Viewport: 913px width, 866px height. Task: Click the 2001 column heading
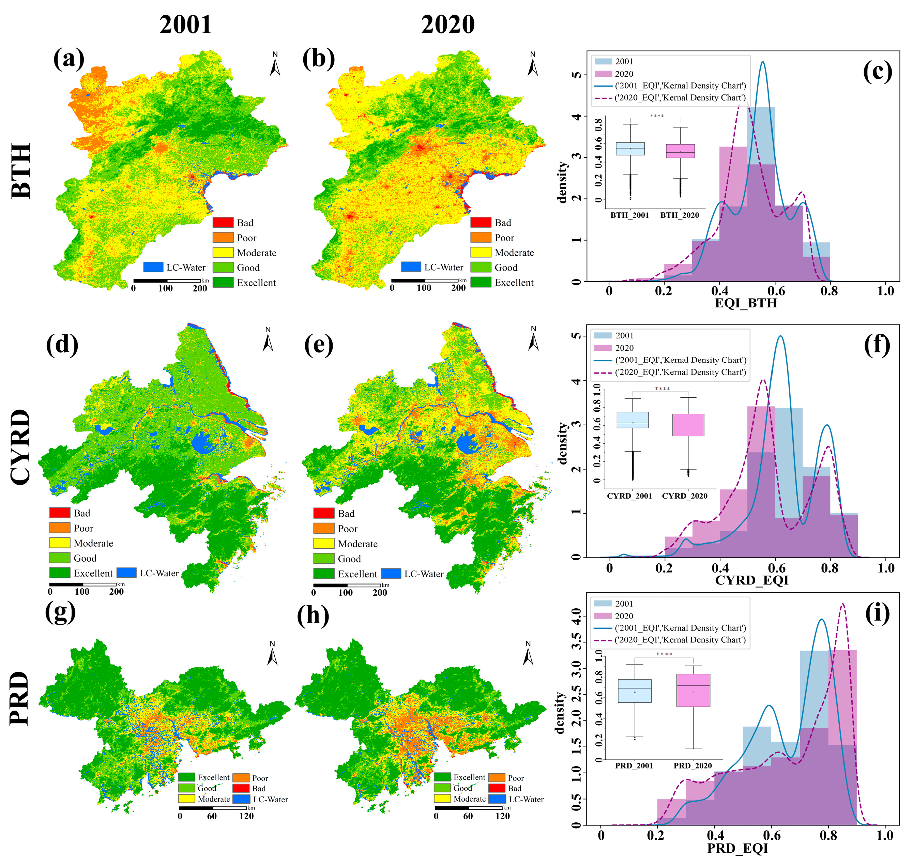pyautogui.click(x=185, y=25)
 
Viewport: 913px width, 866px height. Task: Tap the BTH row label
pyautogui.click(x=21, y=171)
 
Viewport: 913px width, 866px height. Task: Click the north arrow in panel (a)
pyautogui.click(x=275, y=65)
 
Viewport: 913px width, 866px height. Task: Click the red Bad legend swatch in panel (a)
pyautogui.click(x=223, y=223)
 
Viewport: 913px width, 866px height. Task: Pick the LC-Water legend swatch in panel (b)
pyautogui.click(x=411, y=267)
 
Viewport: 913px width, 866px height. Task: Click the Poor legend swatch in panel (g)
pyautogui.click(x=241, y=778)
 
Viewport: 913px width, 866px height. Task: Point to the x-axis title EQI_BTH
pyautogui.click(x=746, y=303)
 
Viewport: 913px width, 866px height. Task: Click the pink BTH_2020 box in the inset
pyautogui.click(x=680, y=151)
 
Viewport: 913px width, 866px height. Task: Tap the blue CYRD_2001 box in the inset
pyautogui.click(x=633, y=420)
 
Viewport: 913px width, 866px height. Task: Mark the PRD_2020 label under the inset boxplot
pyautogui.click(x=693, y=766)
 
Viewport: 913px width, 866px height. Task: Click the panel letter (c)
pyautogui.click(x=877, y=72)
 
